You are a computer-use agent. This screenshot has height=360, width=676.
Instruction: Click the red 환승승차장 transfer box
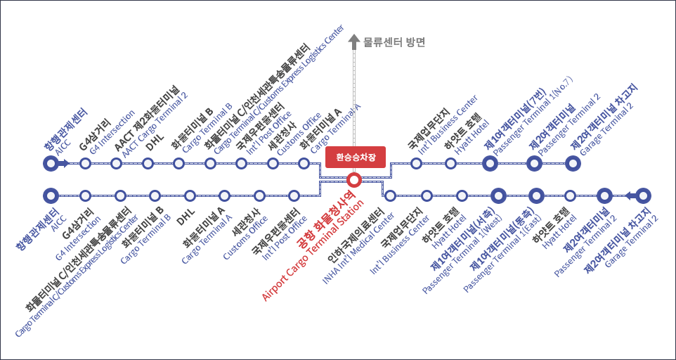tap(356, 157)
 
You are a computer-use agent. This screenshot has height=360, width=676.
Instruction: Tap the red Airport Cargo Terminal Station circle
tap(355, 179)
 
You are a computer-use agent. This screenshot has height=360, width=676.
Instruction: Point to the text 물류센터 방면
tap(395, 42)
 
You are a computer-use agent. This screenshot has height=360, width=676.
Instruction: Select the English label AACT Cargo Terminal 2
tap(156, 124)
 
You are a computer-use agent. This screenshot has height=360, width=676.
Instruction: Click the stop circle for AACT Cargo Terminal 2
tap(117, 164)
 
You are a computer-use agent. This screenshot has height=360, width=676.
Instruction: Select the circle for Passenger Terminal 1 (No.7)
tap(491, 164)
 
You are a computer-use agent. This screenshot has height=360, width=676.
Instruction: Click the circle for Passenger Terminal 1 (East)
tap(536, 195)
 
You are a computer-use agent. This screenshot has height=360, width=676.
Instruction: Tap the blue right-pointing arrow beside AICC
tap(64, 164)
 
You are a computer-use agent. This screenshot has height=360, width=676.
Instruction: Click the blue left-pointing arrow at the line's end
tap(630, 195)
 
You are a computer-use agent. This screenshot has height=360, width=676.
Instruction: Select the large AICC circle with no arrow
tap(50, 195)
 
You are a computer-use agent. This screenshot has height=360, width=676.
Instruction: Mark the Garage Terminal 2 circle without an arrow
tap(573, 164)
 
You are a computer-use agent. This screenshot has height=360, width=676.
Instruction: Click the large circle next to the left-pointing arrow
tap(644, 195)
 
